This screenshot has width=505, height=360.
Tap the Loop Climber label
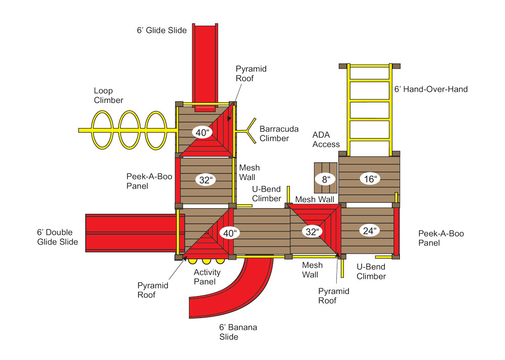108,95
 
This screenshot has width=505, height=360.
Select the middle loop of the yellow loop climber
130,130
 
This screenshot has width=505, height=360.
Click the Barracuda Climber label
274,133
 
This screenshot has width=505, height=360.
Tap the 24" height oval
369,231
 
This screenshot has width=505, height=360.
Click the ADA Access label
326,140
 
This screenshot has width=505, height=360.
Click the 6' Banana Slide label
238,332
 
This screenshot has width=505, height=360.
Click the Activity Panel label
207,277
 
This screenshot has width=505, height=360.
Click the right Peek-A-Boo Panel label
441,238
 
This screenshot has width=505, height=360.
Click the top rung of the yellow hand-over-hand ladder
370,66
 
